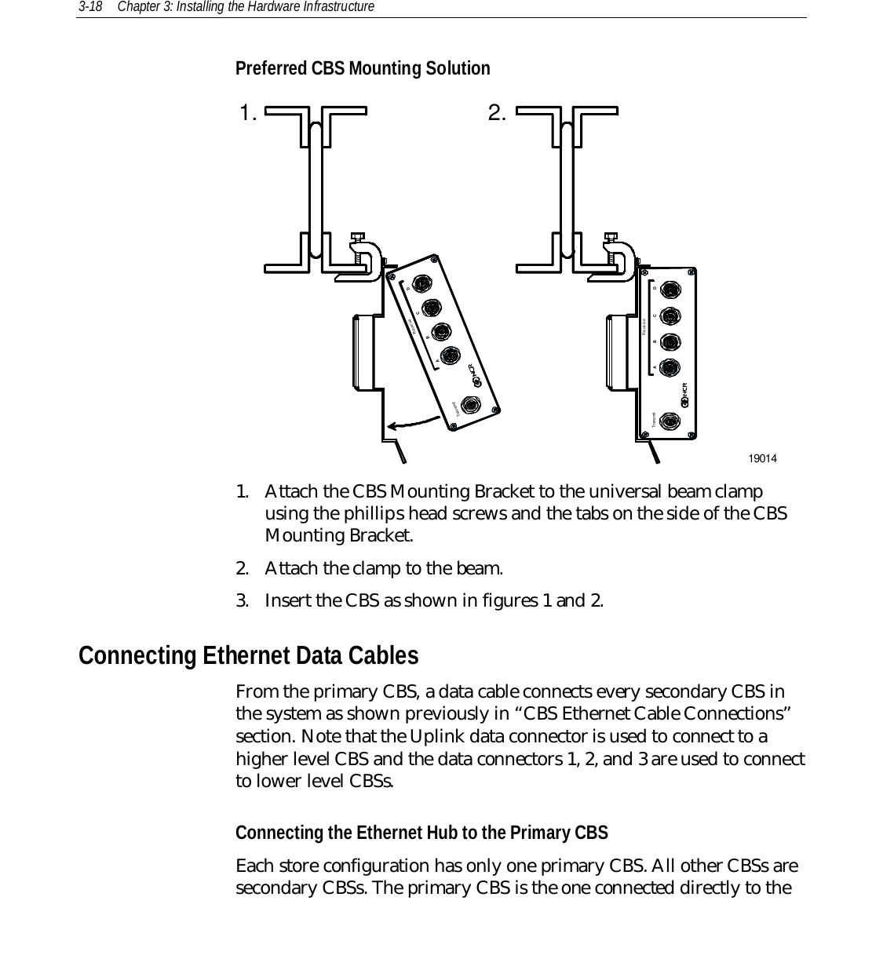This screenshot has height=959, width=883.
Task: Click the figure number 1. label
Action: click(x=249, y=115)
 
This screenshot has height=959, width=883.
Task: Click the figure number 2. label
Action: click(x=497, y=115)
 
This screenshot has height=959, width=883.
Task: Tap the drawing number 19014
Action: click(x=762, y=458)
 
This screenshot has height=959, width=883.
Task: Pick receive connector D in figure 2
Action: click(x=670, y=290)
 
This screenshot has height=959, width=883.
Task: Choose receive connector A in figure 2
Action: click(x=670, y=367)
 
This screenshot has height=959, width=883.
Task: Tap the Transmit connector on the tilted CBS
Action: click(x=471, y=405)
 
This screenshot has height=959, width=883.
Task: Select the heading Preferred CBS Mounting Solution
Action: click(x=363, y=69)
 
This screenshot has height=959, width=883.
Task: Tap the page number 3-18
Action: click(x=88, y=7)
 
